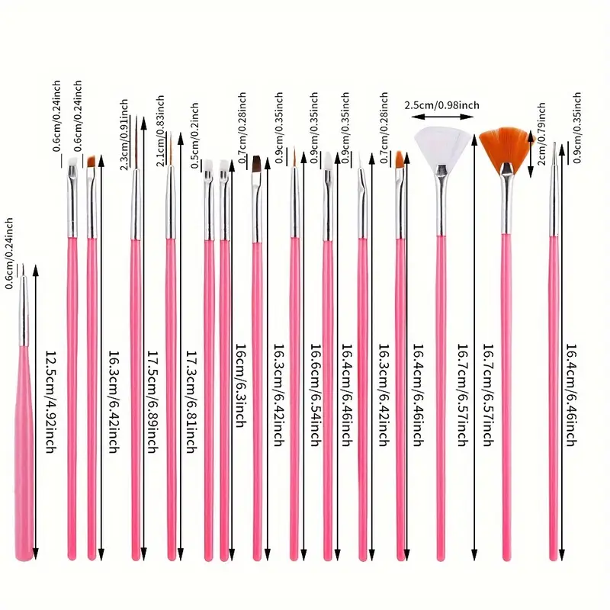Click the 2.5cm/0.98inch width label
(x=441, y=104)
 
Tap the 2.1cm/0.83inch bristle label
(x=160, y=131)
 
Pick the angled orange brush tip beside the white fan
(x=400, y=159)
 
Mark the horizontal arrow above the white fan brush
(x=441, y=117)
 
